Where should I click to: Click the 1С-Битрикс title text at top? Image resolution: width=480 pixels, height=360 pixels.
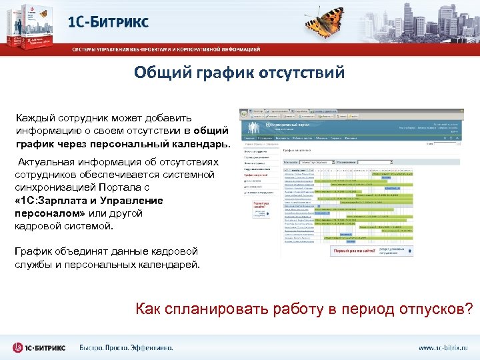click(x=108, y=21)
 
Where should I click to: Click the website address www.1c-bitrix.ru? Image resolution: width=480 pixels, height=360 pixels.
click(x=443, y=347)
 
